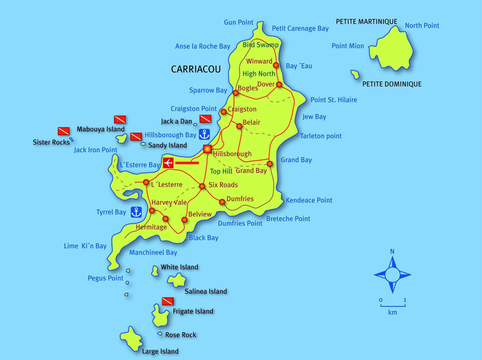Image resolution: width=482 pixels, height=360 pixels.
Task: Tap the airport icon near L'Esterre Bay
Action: click(168, 163)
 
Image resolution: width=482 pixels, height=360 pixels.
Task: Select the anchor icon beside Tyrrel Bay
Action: click(136, 211)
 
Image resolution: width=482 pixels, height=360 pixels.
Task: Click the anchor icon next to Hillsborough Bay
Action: click(204, 134)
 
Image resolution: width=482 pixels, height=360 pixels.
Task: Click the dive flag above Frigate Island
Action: click(167, 300)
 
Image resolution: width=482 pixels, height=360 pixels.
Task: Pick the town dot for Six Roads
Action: click(202, 186)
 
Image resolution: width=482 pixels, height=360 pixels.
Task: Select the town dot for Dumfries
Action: click(222, 202)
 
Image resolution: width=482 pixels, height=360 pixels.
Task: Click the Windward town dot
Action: click(276, 65)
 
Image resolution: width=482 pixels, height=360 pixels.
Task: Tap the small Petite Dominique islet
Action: click(356, 75)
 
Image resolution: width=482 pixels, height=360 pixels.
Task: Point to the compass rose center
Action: click(392, 275)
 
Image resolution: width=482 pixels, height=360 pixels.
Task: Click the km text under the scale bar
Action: click(392, 312)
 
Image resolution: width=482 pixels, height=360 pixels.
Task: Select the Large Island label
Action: click(160, 351)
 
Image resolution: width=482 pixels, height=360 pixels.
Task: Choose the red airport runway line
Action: click(187, 163)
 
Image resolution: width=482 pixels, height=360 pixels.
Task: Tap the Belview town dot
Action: click(184, 220)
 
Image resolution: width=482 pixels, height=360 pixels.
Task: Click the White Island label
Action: click(179, 267)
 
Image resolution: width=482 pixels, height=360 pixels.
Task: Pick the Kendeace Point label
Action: click(308, 200)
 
